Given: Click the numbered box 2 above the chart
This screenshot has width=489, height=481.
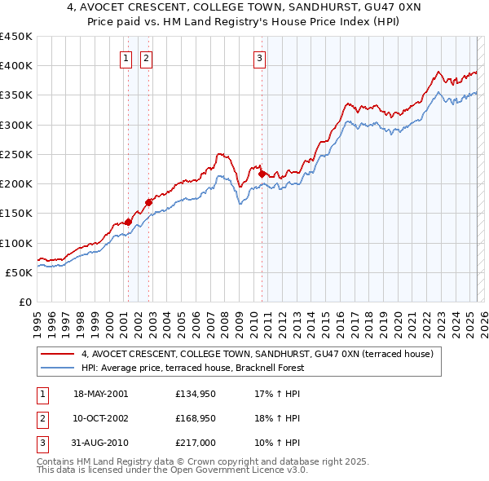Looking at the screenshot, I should tap(146, 58).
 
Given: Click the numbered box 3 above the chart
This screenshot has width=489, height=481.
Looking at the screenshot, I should tap(259, 58).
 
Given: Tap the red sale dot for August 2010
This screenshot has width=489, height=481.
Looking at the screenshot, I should tap(262, 174).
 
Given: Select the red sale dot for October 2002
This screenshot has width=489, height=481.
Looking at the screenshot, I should tap(148, 202).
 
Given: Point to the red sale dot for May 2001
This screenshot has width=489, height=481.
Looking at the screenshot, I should tap(129, 222).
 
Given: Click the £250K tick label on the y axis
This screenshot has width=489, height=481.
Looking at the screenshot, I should tap(16, 154).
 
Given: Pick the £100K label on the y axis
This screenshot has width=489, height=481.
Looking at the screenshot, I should tap(16, 243).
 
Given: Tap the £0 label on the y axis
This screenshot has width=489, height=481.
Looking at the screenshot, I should tap(24, 302).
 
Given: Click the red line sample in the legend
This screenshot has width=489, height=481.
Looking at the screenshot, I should tap(57, 355).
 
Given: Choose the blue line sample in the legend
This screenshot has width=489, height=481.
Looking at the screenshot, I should tap(57, 368).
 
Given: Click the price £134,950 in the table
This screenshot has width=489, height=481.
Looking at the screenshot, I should tap(196, 394).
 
